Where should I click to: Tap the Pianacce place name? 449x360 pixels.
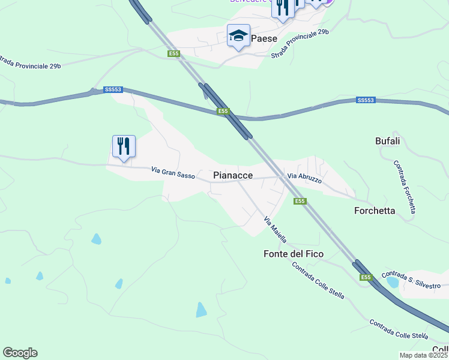(233, 175)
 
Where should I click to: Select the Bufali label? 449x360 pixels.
(387, 141)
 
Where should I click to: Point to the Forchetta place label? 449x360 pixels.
(375, 211)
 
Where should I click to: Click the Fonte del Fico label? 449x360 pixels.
(294, 254)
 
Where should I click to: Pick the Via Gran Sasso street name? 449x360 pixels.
(173, 172)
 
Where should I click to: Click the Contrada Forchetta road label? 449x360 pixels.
(405, 187)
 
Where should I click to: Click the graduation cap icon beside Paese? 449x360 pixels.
(238, 36)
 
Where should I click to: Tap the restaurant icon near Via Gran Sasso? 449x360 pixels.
(124, 146)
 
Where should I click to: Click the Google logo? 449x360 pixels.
(20, 353)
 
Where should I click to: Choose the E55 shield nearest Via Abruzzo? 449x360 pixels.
(300, 202)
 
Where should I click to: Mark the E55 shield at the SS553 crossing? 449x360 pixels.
(223, 111)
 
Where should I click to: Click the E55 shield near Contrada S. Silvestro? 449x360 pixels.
(366, 277)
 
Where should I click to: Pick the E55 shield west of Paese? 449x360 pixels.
(173, 54)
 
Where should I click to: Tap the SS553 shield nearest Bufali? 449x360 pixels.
(366, 100)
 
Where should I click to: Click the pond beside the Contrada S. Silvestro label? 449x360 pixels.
(393, 281)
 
